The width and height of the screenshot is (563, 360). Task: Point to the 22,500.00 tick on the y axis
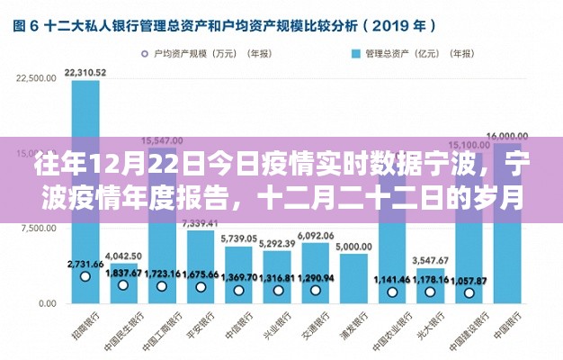click(x=37, y=79)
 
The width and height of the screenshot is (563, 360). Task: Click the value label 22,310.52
click(x=86, y=72)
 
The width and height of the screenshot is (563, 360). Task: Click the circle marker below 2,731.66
click(x=85, y=276)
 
